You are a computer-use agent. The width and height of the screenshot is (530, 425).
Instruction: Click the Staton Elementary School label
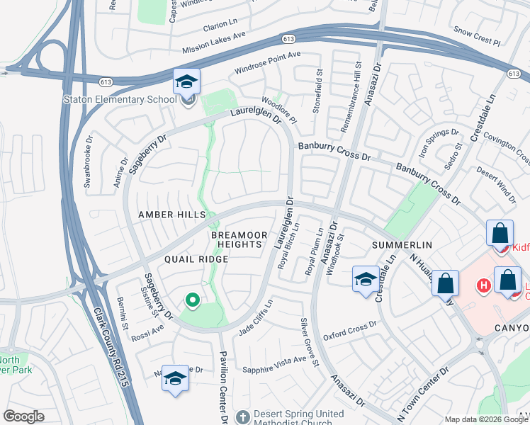[120, 99]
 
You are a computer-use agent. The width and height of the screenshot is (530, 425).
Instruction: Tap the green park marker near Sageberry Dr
[191, 300]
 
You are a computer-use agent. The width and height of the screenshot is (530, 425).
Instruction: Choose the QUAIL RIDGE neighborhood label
[196, 259]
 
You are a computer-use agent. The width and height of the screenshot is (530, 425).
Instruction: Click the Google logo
[24, 416]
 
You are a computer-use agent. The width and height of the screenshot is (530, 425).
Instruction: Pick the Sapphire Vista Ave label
[275, 365]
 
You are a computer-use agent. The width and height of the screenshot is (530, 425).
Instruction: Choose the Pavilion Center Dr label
[222, 382]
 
